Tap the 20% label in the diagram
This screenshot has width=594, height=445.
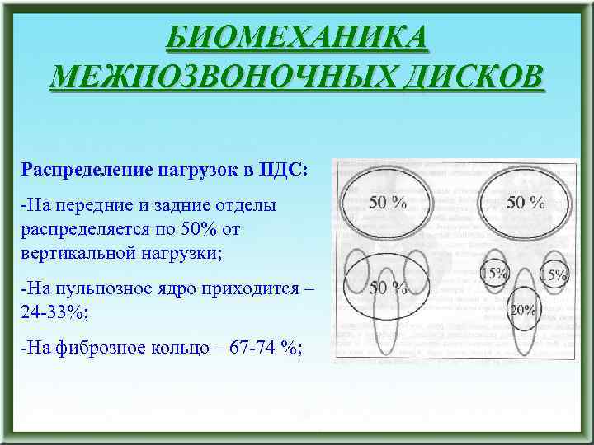[522, 311]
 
